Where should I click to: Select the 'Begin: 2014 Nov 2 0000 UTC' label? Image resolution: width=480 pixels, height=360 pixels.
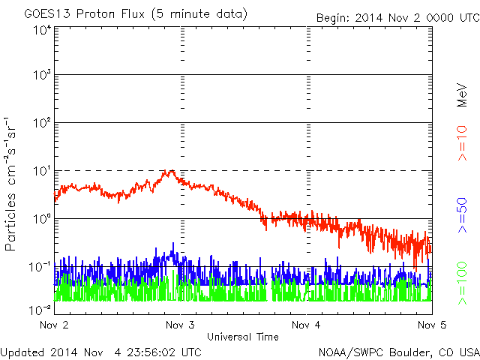click(397, 17)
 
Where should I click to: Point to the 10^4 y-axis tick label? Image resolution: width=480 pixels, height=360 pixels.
click(41, 30)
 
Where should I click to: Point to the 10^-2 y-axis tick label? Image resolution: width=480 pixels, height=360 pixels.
click(40, 308)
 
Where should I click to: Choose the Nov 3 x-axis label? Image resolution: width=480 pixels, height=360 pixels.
click(180, 325)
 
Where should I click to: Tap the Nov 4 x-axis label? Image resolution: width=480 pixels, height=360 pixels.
click(305, 325)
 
